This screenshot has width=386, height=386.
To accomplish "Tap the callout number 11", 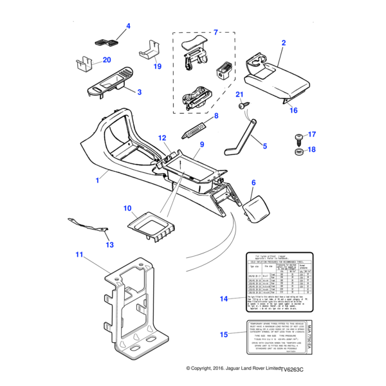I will pyautogui.click(x=80, y=255).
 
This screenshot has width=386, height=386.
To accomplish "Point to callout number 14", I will pyautogui.click(x=224, y=299).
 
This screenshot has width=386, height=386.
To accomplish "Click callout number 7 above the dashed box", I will pyautogui.click(x=216, y=32).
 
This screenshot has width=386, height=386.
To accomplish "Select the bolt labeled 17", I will pyautogui.click(x=299, y=136).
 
